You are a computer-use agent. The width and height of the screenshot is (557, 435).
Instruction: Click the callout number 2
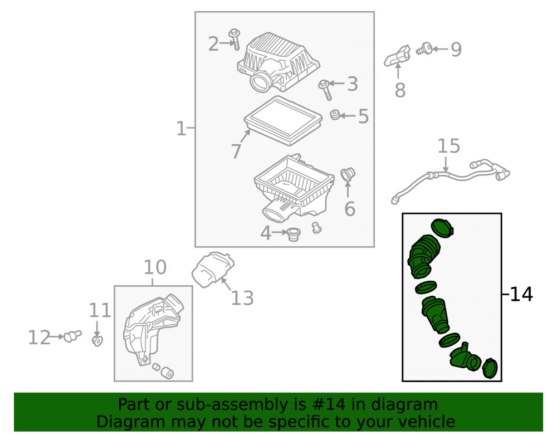[x=213, y=44]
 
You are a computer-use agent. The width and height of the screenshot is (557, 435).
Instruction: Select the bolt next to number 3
[x=325, y=90]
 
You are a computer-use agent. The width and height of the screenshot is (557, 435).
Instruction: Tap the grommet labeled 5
[x=335, y=115]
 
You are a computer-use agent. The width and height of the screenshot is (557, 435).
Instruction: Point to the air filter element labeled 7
[x=283, y=120]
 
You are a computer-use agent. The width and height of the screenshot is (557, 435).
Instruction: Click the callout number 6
[x=350, y=208]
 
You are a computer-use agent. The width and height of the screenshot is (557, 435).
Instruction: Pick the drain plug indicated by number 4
[x=294, y=234]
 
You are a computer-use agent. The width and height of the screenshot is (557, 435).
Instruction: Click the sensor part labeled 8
[x=398, y=56]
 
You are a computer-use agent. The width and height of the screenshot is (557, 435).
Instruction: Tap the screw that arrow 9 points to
[x=424, y=48]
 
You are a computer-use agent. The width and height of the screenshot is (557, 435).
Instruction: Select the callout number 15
[x=448, y=146]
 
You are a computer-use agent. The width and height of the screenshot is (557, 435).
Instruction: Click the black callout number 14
[x=521, y=295]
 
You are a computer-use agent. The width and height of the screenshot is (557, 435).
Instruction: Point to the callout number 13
[x=242, y=298]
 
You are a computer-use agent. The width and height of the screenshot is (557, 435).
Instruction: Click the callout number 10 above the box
[x=155, y=267]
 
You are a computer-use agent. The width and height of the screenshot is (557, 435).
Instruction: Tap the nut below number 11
[x=97, y=340]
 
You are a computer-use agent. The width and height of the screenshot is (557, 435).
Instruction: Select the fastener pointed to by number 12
[x=72, y=335]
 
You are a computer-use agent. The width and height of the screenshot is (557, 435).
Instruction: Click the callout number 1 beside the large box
[x=181, y=128]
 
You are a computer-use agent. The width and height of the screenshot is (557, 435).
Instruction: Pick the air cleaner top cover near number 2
[x=278, y=62]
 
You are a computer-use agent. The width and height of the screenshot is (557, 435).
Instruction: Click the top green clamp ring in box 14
[x=443, y=227]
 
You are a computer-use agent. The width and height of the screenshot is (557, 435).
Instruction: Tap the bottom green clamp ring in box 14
[x=490, y=368]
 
